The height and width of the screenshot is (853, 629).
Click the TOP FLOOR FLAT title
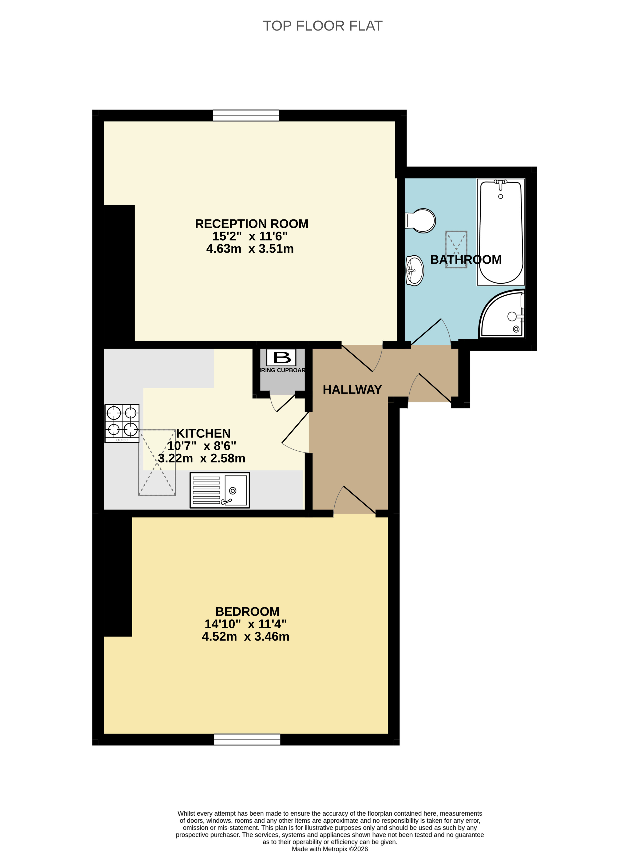coord(323,26)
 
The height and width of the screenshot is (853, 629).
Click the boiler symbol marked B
coord(281,357)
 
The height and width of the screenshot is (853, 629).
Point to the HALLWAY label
coord(352,389)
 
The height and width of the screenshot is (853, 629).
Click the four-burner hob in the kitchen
coord(122,423)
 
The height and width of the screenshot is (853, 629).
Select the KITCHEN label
coord(203,433)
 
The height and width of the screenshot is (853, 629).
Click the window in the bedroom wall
coord(247,739)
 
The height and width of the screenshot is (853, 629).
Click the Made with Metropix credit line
coord(330,849)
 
